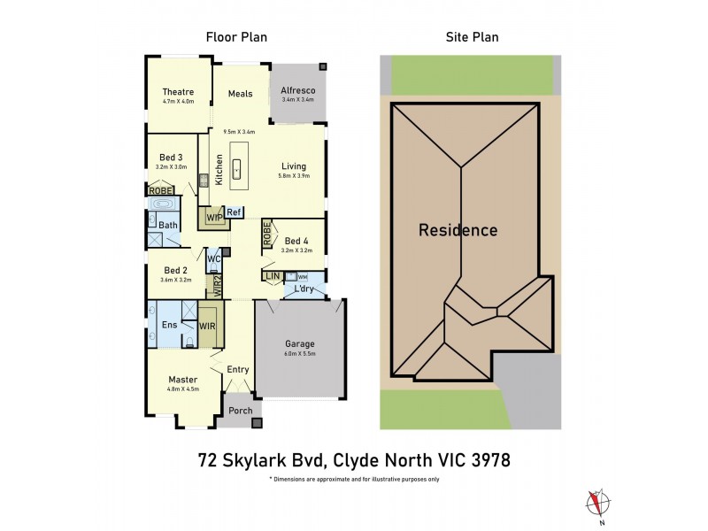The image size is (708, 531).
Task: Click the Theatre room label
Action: (178, 91)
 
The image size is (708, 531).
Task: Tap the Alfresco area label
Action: (298, 90)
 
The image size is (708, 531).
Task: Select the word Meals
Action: (240, 94)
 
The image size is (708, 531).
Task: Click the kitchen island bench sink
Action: (237, 165)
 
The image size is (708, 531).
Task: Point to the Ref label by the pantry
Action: (234, 212)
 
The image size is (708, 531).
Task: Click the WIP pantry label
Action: (213, 216)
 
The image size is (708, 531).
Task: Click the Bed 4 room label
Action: (296, 240)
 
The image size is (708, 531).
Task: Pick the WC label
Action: (213, 259)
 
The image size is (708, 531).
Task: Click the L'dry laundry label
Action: (305, 289)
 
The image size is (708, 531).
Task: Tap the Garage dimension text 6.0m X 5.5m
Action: (300, 354)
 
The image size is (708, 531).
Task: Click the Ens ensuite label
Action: (169, 325)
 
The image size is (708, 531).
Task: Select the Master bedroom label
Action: (182, 380)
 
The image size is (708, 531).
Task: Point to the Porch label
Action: (241, 410)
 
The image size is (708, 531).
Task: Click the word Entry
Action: (238, 369)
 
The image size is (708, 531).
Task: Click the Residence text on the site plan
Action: (458, 230)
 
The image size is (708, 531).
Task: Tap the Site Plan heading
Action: (470, 37)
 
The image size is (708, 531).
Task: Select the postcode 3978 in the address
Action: (487, 460)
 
